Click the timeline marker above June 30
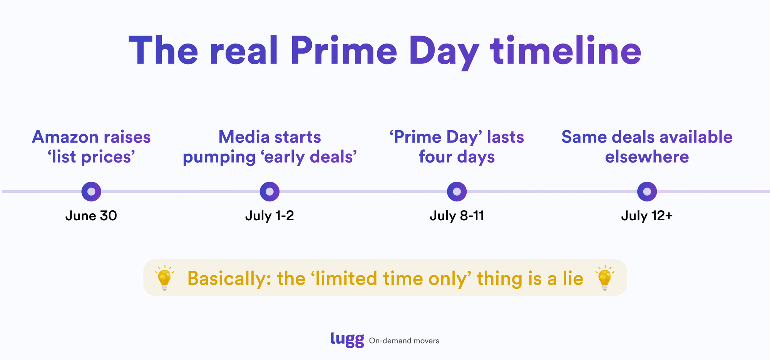[x=91, y=191]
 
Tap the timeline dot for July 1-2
[x=269, y=191]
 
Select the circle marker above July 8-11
[x=457, y=191]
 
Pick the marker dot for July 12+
[x=647, y=191]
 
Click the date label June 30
[x=91, y=216]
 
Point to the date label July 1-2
[x=269, y=216]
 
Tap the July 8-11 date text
[x=457, y=216]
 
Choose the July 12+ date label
[x=647, y=216]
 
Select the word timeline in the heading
[x=566, y=51]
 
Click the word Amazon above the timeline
[x=65, y=137]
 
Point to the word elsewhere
[x=647, y=157]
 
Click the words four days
[x=457, y=157]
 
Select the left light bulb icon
[x=165, y=278]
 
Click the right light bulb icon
[x=605, y=278]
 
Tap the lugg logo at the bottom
[x=347, y=340]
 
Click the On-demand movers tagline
[x=404, y=341]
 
